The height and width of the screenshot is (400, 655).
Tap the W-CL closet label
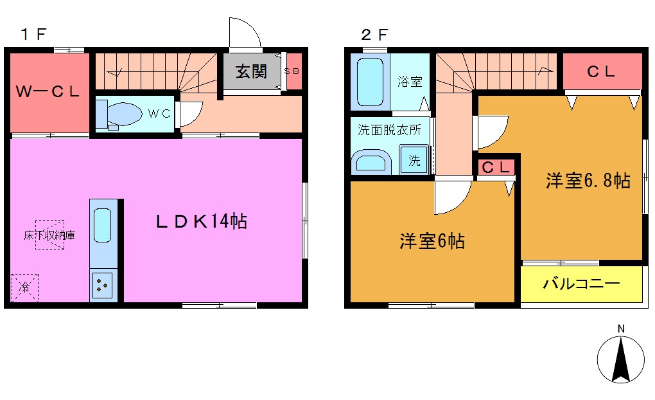click(x=48, y=92)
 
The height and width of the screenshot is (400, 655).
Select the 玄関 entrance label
click(x=250, y=71)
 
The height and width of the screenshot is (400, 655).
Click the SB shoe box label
click(x=292, y=71)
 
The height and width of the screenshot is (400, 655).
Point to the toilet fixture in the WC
click(x=119, y=115)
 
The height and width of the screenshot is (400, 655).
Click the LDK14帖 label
click(x=201, y=222)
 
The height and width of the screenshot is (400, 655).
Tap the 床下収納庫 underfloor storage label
click(x=49, y=235)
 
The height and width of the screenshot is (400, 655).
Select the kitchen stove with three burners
click(x=103, y=286)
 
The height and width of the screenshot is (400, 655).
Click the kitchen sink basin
click(x=103, y=224)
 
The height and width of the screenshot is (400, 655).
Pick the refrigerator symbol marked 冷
click(x=24, y=287)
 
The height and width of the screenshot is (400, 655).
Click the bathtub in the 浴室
click(x=370, y=82)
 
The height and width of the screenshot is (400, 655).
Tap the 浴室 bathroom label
click(x=410, y=82)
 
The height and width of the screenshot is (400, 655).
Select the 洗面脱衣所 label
click(x=389, y=129)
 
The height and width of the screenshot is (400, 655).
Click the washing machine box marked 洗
click(x=414, y=161)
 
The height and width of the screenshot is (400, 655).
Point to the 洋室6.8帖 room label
click(x=587, y=181)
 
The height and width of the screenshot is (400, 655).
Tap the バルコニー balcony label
click(x=581, y=284)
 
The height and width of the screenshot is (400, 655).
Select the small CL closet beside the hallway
click(x=496, y=168)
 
